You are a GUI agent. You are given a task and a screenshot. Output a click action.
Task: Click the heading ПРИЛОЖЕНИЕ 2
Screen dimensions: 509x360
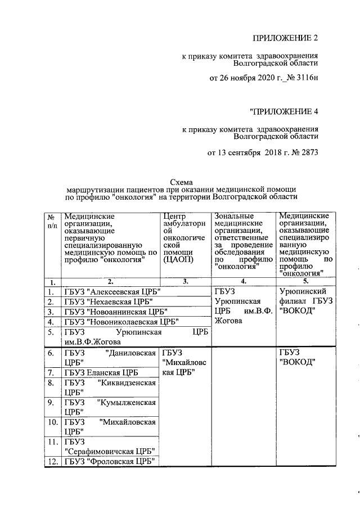pyautogui.click(x=286, y=38)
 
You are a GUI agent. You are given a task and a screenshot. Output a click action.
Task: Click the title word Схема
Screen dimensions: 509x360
pyautogui.click(x=181, y=182)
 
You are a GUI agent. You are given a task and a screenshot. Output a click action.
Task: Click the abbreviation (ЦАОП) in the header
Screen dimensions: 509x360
pyautogui.click(x=177, y=259)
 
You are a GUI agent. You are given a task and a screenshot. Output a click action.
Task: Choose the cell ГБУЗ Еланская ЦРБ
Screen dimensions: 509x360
pyautogui.click(x=101, y=372)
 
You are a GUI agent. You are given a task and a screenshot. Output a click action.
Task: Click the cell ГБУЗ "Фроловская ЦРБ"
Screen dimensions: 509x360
pyautogui.click(x=109, y=462)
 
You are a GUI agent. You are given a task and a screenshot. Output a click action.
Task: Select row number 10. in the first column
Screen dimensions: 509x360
pyautogui.click(x=51, y=422)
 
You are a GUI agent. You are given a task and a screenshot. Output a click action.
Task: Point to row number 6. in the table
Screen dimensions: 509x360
pyautogui.click(x=51, y=353)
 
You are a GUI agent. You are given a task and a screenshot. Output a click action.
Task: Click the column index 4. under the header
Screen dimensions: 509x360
pyautogui.click(x=243, y=282)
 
